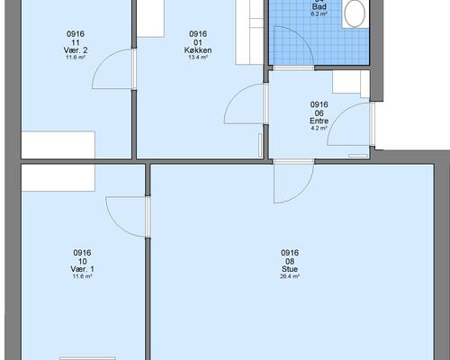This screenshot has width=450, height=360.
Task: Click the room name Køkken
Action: (x=198, y=50)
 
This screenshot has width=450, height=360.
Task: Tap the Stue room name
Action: (x=290, y=269)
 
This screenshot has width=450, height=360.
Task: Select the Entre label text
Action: (x=319, y=121)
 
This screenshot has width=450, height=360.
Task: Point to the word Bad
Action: (x=319, y=6)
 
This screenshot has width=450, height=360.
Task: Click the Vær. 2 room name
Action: (x=76, y=50)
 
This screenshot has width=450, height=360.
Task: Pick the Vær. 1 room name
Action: (x=82, y=269)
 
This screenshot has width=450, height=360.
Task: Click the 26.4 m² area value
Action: (x=290, y=276)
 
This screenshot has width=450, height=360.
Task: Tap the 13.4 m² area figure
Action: (x=198, y=58)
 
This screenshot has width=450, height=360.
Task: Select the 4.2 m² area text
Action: (x=319, y=128)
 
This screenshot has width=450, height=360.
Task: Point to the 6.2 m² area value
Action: (x=319, y=13)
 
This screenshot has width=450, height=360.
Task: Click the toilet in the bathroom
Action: (x=355, y=13)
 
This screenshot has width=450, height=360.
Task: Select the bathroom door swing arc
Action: (x=303, y=38)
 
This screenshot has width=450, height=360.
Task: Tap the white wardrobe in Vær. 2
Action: (x=58, y=145)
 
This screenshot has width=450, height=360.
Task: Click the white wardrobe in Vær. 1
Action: (x=58, y=177)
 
